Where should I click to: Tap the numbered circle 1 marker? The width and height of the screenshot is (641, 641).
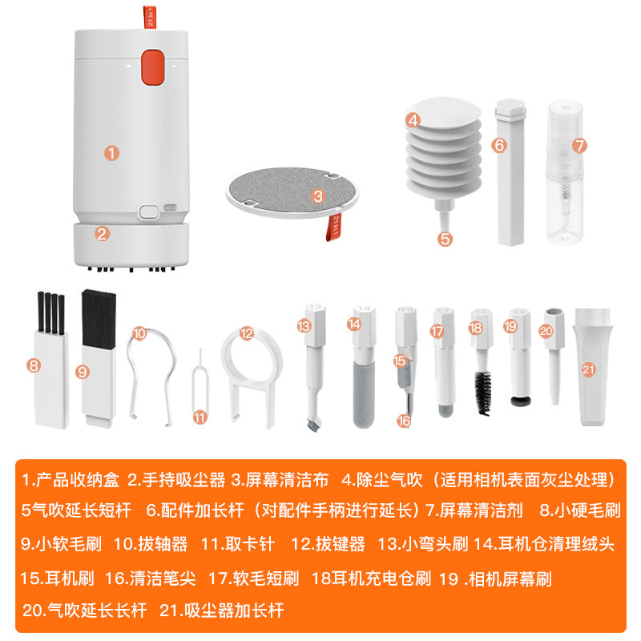112,151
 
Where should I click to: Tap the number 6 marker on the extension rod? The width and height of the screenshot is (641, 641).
498,145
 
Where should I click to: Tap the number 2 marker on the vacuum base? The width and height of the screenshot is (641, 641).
102,234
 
